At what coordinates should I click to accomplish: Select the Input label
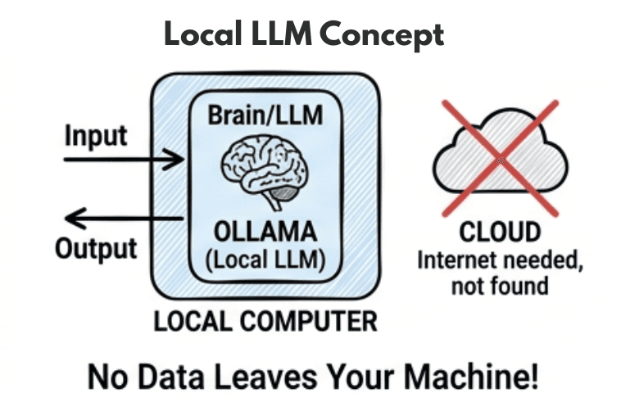(95, 135)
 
